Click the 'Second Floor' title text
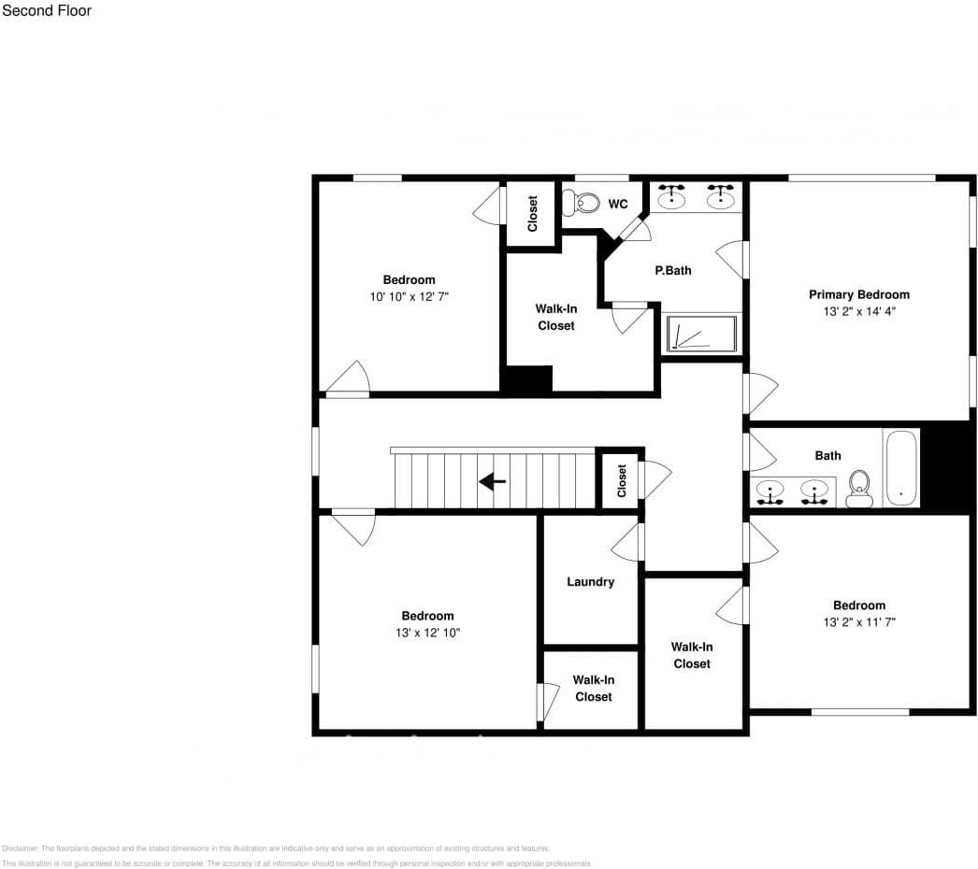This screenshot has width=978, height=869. [47, 11]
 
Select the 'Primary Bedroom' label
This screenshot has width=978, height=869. [858, 294]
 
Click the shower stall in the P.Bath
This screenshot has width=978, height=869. [701, 335]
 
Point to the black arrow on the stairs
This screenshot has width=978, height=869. [492, 481]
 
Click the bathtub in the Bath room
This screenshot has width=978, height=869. [902, 467]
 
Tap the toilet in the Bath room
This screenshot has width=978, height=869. [858, 488]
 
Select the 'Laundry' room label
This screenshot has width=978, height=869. [590, 582]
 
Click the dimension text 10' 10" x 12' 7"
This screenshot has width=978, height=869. [409, 296]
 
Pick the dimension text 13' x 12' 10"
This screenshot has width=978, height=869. [427, 633]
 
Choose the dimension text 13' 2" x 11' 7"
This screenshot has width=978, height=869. [858, 621]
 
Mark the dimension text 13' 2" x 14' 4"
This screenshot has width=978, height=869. [858, 311]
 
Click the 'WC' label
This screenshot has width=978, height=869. [618, 205]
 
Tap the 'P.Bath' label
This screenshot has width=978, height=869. [672, 270]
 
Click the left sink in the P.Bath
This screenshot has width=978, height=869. [670, 197]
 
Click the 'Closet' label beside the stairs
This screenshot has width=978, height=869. [622, 481]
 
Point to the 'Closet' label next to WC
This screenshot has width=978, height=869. [532, 213]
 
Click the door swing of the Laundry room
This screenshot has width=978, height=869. [628, 542]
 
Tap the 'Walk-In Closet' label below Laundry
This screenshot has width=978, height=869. [593, 689]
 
